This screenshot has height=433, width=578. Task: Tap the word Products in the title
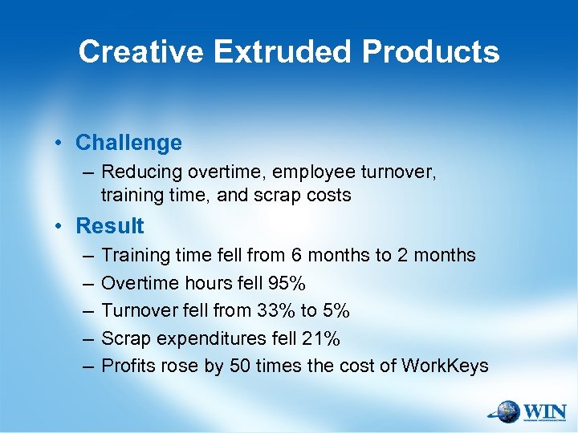point(430,52)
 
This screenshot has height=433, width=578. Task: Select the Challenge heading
point(128,143)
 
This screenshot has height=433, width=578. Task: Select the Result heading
point(110,226)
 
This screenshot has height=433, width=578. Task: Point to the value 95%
point(287,283)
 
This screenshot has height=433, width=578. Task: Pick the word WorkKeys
point(446,366)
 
